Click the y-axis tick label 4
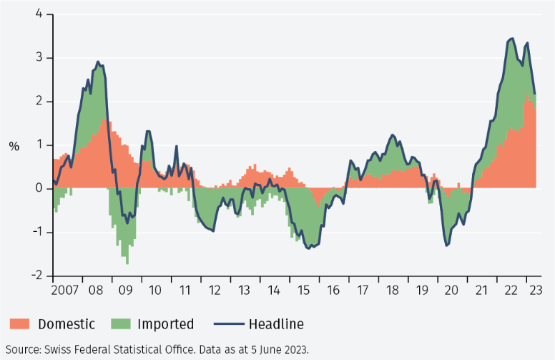pyautogui.click(x=39, y=14)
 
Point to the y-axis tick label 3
pyautogui.click(x=39, y=58)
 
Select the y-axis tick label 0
pyautogui.click(x=39, y=189)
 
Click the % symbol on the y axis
pyautogui.click(x=14, y=146)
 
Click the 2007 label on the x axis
pyautogui.click(x=64, y=291)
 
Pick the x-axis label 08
pyautogui.click(x=97, y=291)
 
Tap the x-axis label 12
pyautogui.click(x=215, y=291)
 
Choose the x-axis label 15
pyautogui.click(x=303, y=291)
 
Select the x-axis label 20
pyautogui.click(x=451, y=291)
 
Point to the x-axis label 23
pyautogui.click(x=534, y=291)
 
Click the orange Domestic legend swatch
pyautogui.click(x=20, y=324)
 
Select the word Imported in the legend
pyautogui.click(x=165, y=324)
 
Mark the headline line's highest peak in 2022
pyautogui.click(x=511, y=39)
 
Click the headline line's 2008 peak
pyautogui.click(x=98, y=62)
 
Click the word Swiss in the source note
pyautogui.click(x=60, y=349)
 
